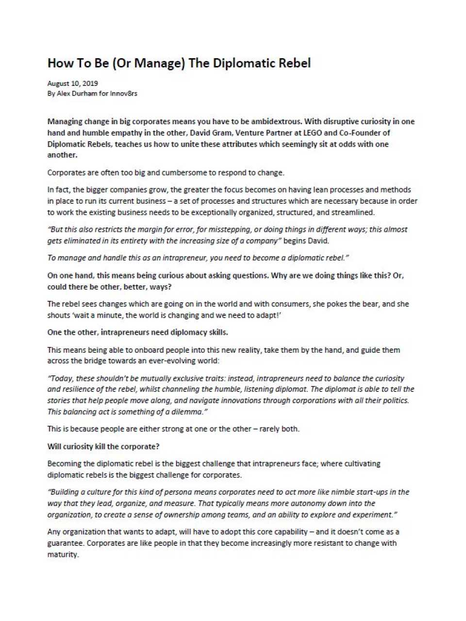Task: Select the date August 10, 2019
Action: tap(72, 83)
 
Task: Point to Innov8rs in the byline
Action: tap(124, 93)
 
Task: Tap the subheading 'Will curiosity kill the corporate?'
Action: tap(103, 446)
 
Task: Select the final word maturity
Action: tap(62, 554)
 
